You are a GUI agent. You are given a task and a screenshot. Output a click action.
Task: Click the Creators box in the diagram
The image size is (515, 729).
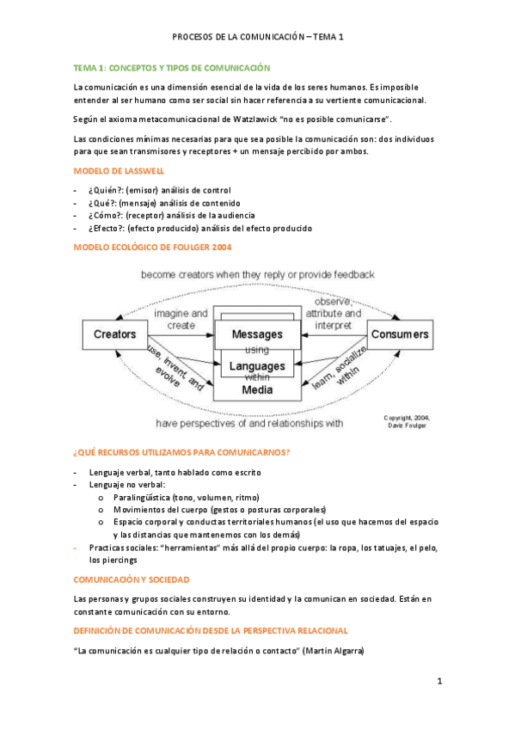click(x=114, y=334)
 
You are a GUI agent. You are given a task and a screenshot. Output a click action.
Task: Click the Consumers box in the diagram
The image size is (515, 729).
click(x=399, y=334)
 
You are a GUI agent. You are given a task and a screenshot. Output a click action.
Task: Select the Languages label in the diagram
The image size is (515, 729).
click(x=257, y=366)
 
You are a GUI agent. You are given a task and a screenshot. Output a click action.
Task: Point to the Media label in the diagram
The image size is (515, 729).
click(x=257, y=389)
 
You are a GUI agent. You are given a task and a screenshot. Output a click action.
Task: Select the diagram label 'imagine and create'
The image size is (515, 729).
click(x=181, y=319)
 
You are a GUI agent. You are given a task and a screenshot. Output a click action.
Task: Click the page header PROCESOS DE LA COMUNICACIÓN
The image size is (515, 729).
click(x=236, y=37)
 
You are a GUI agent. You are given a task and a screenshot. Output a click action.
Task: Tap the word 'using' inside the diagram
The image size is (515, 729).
click(x=257, y=350)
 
